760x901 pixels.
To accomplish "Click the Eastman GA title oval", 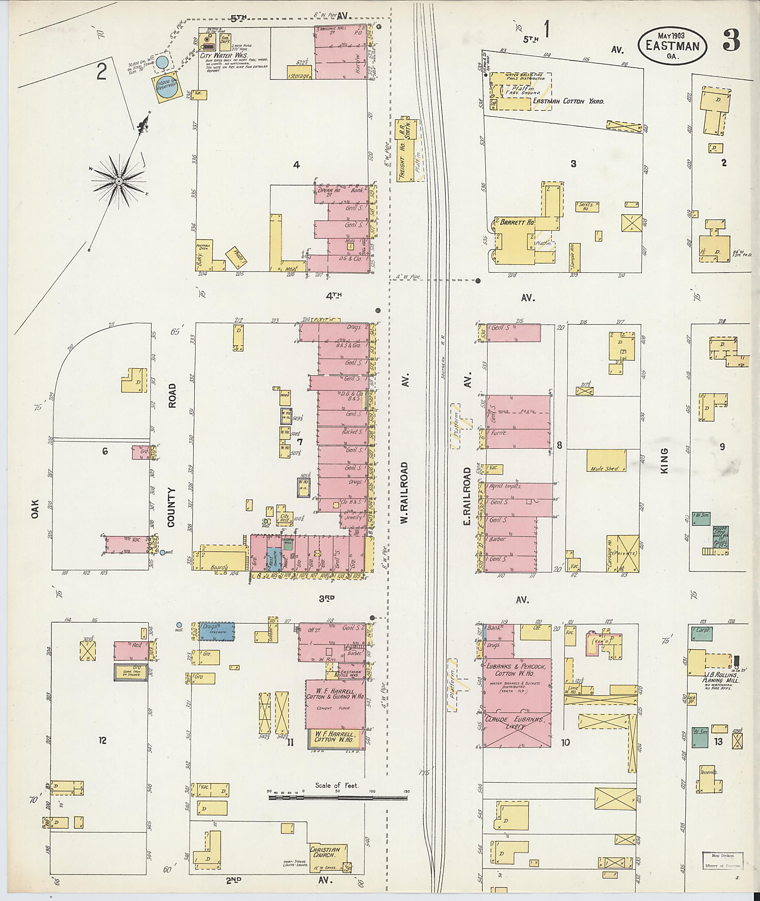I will coord(672,46).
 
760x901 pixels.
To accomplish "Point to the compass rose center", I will coord(118,181).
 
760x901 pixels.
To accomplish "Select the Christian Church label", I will coord(325,852).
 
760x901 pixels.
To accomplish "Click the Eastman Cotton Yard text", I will coord(568,102).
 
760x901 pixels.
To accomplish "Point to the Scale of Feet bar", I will coord(339,798).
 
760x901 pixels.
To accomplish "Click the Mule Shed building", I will coord(606,461).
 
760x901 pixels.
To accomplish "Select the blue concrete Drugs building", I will coord(216,631).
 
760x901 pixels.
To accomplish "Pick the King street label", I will coord(664,461).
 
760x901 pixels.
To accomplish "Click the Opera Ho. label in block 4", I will coord(327,190).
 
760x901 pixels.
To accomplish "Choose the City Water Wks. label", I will coord(225,56).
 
